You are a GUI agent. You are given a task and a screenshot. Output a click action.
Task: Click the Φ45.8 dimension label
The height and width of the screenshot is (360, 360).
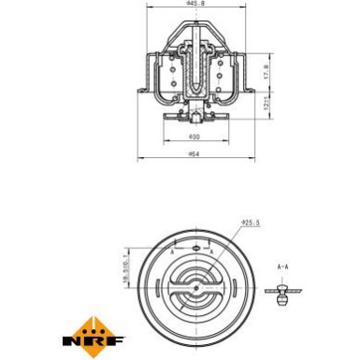click(194, 5)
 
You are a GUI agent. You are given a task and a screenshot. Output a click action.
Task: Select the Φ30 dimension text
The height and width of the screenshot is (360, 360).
click(193, 137)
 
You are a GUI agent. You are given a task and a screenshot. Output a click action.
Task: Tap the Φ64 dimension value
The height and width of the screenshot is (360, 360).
click(194, 154)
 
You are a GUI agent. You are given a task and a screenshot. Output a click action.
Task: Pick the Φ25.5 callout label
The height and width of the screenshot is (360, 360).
click(250, 223)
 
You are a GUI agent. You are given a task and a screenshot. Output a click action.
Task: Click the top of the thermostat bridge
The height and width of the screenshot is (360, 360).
click(194, 21)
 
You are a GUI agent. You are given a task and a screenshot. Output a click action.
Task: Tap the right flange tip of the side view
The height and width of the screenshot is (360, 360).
click(250, 90)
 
